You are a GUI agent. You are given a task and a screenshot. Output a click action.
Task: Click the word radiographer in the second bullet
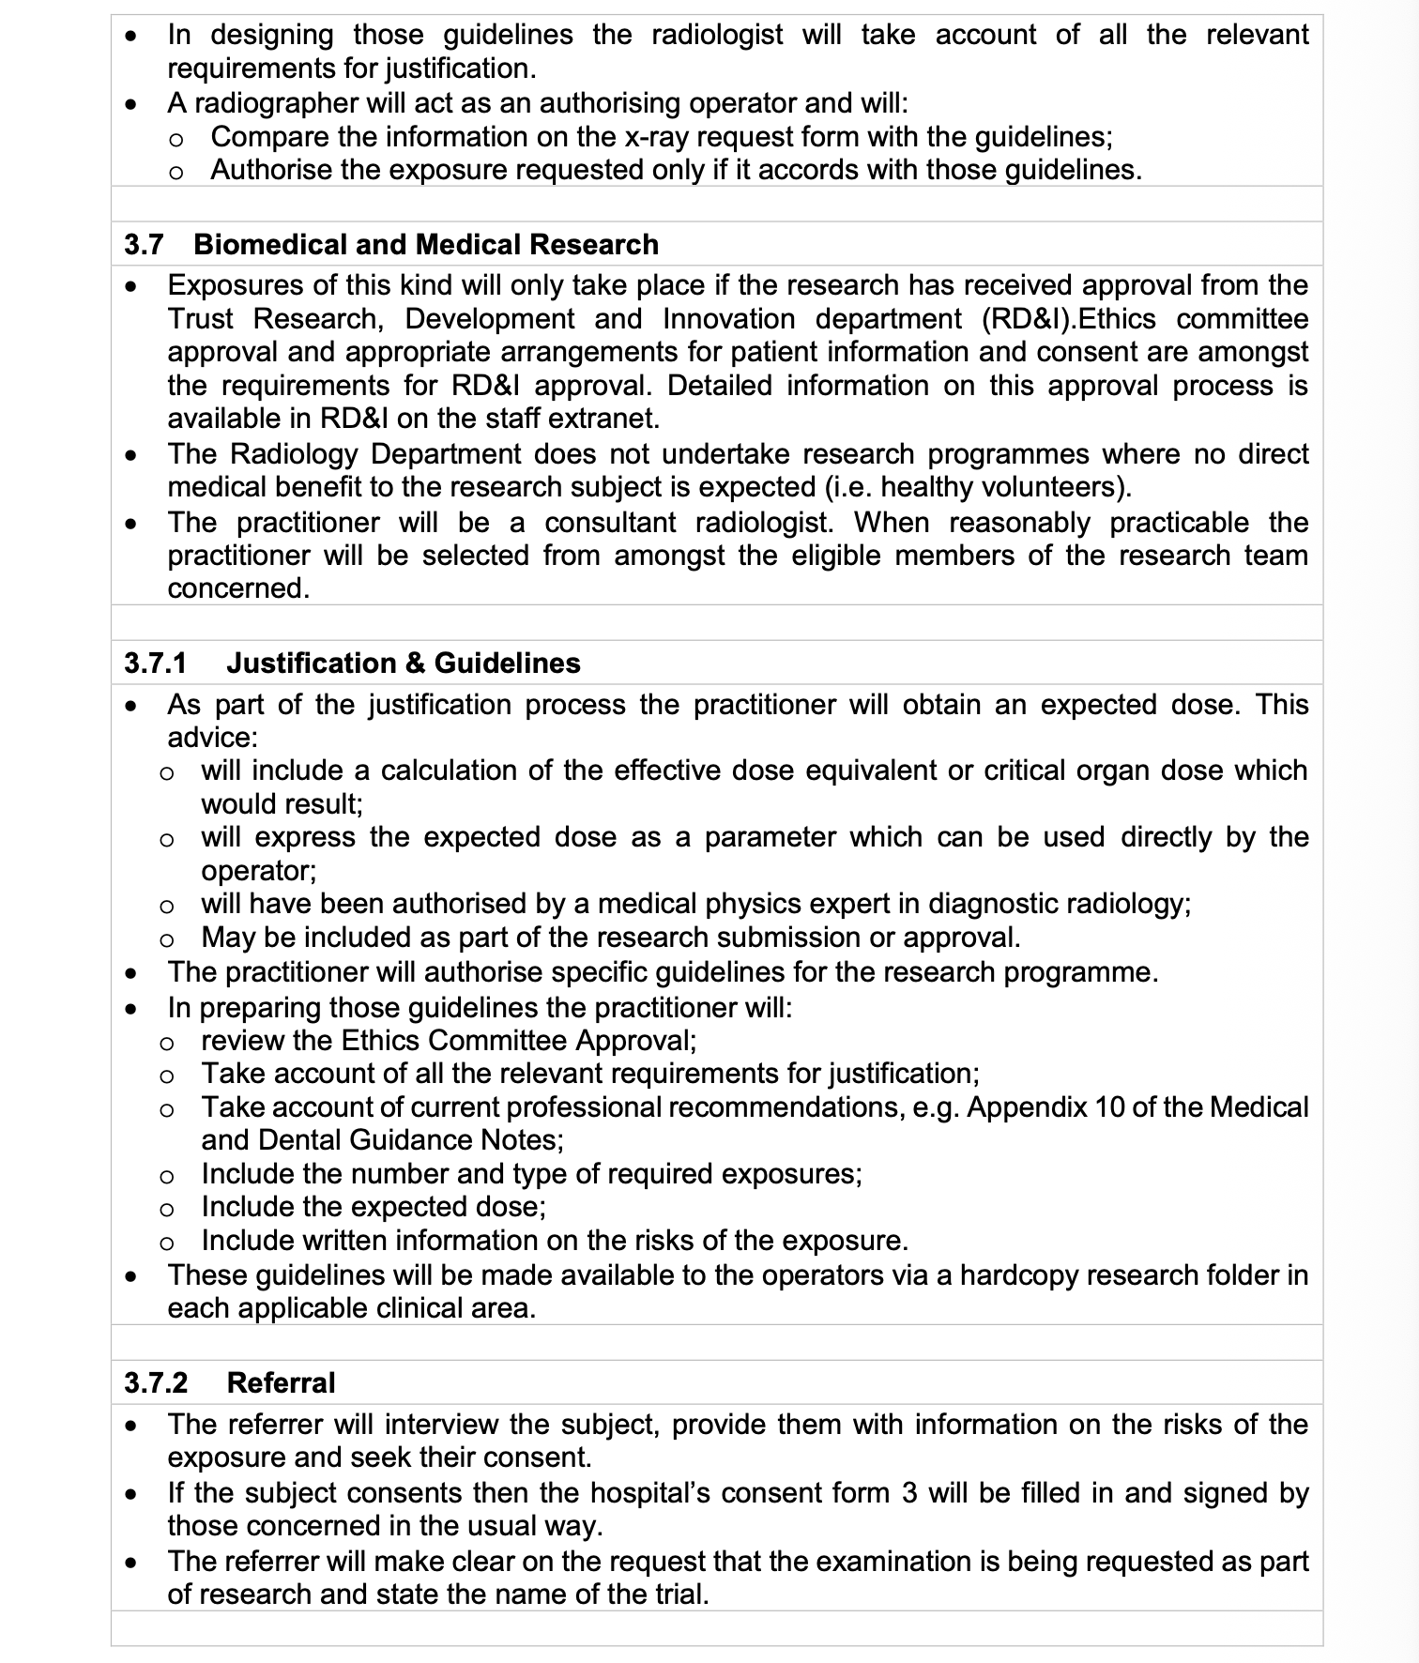point(274,102)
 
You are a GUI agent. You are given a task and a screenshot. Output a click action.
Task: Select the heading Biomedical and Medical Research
point(426,244)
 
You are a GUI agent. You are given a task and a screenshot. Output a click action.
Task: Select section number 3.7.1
point(155,664)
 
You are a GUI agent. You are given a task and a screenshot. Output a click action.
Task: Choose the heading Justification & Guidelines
point(404,664)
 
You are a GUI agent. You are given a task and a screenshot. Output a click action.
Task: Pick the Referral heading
point(281,1383)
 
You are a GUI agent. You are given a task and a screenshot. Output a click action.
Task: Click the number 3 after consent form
point(908,1493)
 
